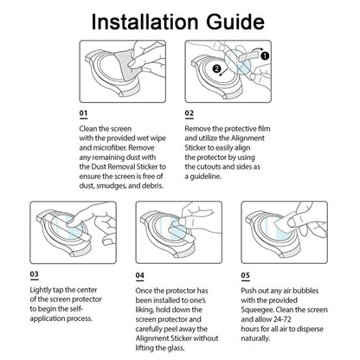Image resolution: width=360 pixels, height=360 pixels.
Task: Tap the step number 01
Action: [83, 113]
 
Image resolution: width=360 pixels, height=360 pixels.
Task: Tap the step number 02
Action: [190, 113]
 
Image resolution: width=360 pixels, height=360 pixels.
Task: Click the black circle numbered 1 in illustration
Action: [265, 55]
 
